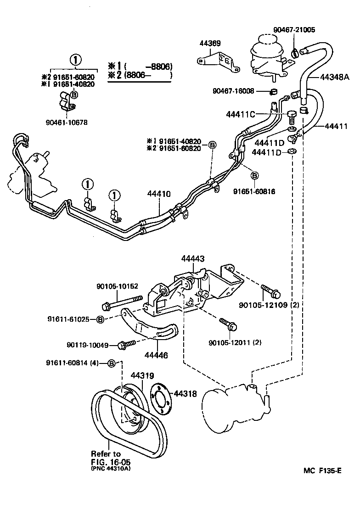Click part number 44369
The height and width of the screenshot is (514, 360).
(210, 44)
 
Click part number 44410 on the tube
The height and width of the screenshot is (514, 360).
(159, 194)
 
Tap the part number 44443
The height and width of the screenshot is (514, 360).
(192, 259)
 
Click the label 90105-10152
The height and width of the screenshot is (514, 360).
(117, 286)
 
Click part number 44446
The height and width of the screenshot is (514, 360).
(157, 355)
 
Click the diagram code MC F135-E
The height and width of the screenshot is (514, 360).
(323, 471)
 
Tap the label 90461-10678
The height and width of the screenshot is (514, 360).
(67, 123)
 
